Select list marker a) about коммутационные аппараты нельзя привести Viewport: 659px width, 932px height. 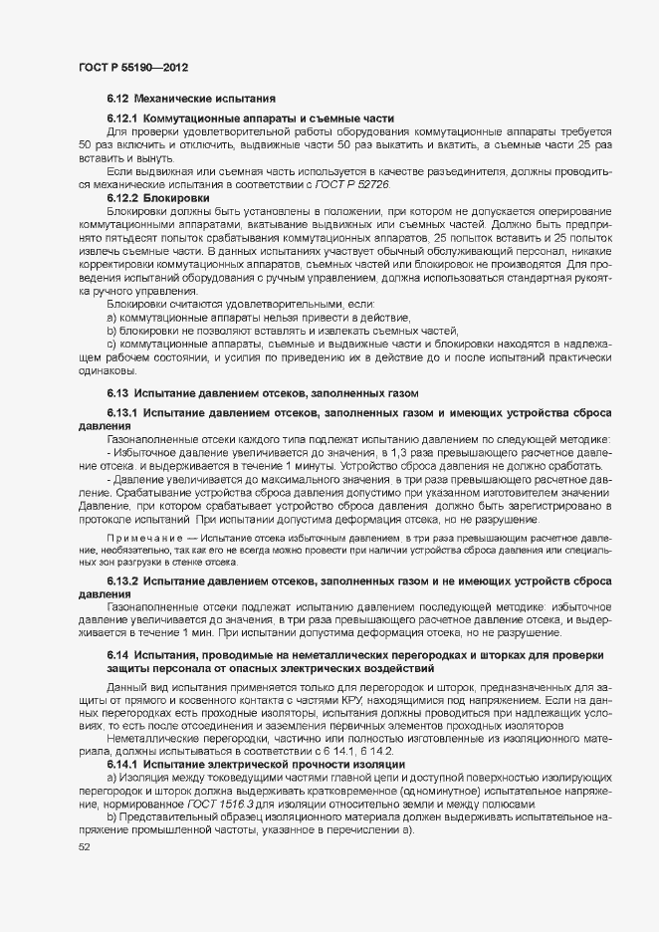112,316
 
